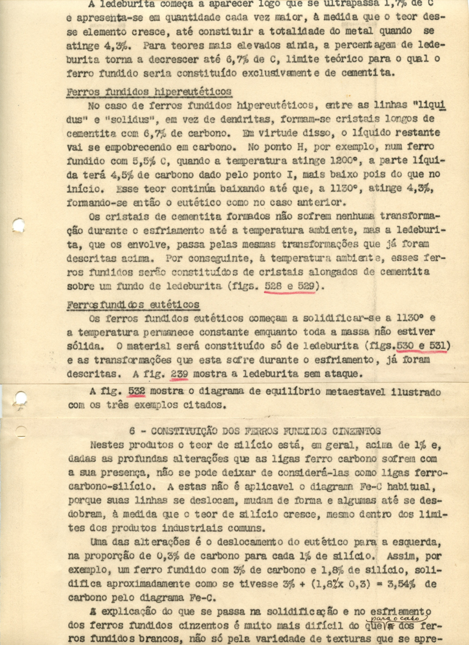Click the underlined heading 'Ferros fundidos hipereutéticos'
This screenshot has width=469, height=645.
pyautogui.click(x=149, y=91)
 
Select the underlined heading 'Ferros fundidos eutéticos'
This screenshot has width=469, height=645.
pyautogui.click(x=133, y=305)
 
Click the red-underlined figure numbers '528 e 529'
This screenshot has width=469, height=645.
pyautogui.click(x=290, y=286)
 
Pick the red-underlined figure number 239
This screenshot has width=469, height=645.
pyautogui.click(x=179, y=372)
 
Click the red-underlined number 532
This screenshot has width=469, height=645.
pyautogui.click(x=137, y=392)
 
